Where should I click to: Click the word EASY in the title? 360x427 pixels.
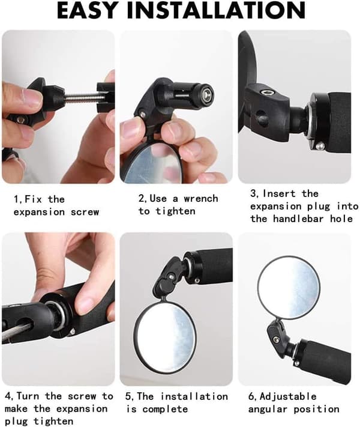(x=88, y=10)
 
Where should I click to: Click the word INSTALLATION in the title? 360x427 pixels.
(x=216, y=10)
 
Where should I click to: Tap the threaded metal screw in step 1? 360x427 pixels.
(x=82, y=97)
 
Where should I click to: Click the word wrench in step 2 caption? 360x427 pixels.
(x=201, y=199)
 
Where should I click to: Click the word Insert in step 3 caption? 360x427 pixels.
(x=279, y=193)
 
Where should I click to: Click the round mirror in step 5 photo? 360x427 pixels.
(x=165, y=337)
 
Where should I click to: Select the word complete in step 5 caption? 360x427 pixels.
(x=165, y=409)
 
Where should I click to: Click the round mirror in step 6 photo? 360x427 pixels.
(x=289, y=288)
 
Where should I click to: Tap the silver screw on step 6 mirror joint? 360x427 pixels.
(x=276, y=339)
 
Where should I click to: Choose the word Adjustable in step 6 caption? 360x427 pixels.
(x=288, y=397)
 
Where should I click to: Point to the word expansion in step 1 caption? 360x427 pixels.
(x=39, y=212)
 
